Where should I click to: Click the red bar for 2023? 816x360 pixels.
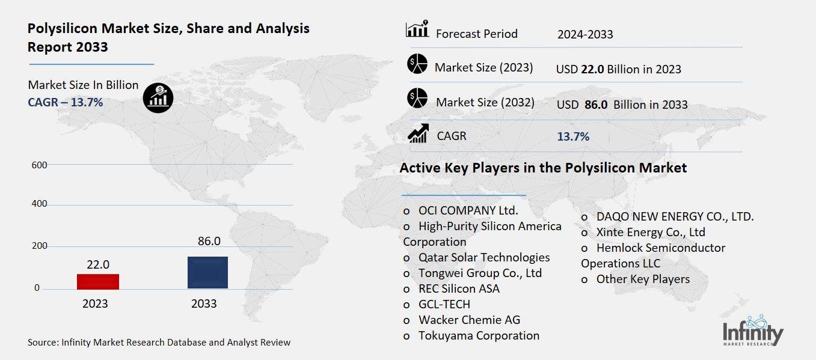point(98,282)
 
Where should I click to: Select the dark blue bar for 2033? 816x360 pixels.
point(207,273)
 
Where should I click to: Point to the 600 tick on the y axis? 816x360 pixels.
point(39,165)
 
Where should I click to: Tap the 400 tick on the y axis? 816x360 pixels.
point(39,204)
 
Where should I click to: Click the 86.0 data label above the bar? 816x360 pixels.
point(209,241)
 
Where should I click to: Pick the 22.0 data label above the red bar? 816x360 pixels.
point(98,264)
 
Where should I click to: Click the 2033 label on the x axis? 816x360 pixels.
point(204,304)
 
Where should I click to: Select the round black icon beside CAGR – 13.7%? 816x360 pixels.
point(158,98)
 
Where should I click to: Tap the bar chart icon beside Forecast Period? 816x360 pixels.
point(417,29)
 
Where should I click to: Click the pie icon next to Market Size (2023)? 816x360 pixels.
point(417,64)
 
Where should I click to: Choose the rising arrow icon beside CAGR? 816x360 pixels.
point(418,133)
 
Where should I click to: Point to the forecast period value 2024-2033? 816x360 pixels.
point(585,35)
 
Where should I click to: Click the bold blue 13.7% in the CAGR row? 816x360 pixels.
point(573,136)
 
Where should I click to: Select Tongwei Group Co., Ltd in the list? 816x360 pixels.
point(480,273)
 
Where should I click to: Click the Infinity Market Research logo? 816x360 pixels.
point(753,331)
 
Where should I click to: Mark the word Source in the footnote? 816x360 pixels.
point(42,343)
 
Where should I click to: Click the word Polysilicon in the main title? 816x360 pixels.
point(63,29)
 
